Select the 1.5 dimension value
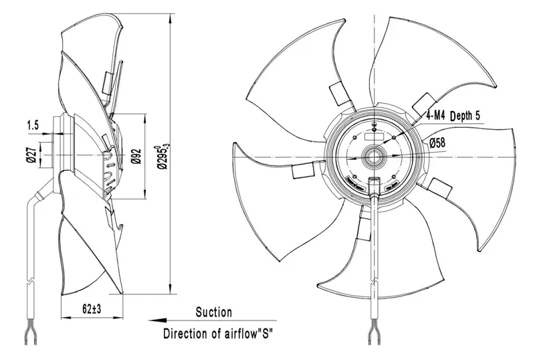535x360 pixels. [x=33, y=126]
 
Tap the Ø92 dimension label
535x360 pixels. [x=136, y=156]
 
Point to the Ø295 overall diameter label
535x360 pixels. [x=163, y=157]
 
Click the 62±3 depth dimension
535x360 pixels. [x=92, y=309]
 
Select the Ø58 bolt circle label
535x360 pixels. [x=437, y=143]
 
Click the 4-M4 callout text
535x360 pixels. [x=436, y=116]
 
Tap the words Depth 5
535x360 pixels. [x=465, y=116]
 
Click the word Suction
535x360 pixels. [x=213, y=312]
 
